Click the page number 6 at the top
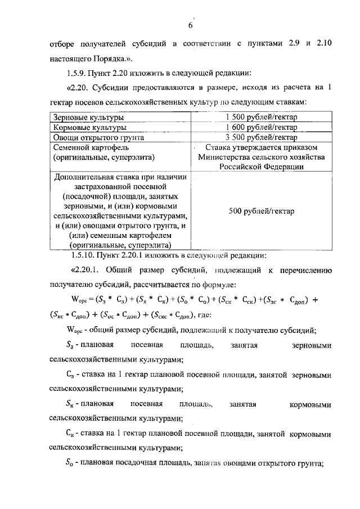190,26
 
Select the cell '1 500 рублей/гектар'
261,118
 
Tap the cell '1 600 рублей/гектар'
261,128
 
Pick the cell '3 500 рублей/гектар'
261,137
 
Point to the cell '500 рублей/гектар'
261,211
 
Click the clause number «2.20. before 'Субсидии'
80,88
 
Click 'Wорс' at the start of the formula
74,300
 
